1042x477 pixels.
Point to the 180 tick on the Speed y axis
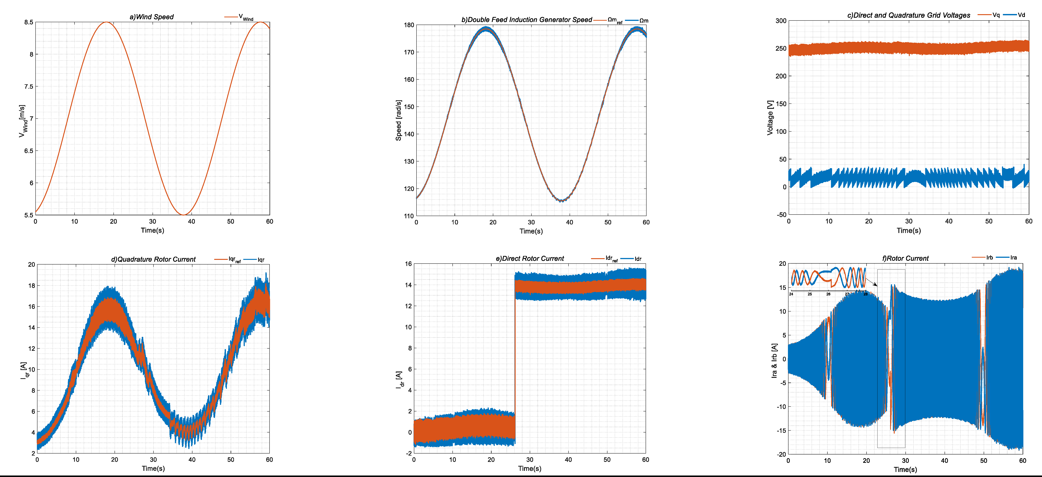[x=409, y=25]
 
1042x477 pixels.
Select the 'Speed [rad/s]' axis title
[x=398, y=120]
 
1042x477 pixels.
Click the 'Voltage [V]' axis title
[x=770, y=117]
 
